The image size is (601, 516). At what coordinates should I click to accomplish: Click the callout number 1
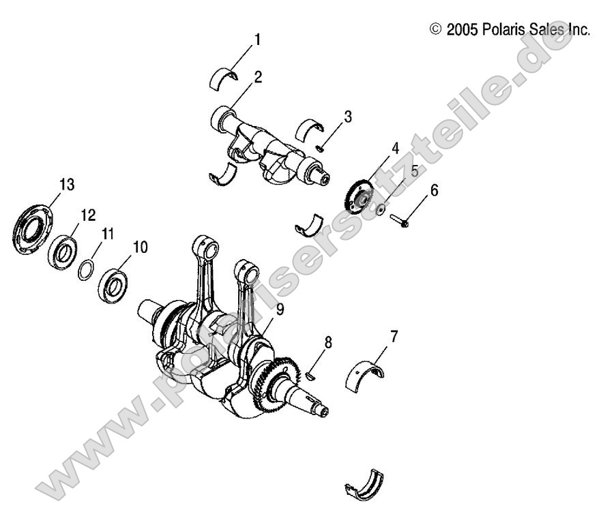256,40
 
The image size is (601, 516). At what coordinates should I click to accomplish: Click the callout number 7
394,336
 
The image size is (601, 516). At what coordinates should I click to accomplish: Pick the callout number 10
139,245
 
